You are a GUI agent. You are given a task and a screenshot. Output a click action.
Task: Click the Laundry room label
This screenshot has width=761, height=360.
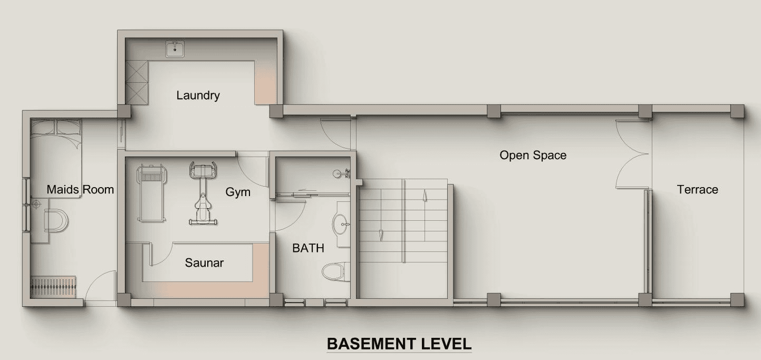(198, 95)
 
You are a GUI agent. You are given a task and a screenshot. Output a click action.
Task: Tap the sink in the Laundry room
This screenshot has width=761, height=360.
(175, 49)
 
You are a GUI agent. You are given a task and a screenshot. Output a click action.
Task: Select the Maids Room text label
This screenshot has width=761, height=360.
(80, 190)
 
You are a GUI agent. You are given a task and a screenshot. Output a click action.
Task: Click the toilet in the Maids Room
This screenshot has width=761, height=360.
(56, 220)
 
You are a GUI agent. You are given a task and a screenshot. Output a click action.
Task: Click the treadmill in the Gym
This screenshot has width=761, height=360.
(151, 193)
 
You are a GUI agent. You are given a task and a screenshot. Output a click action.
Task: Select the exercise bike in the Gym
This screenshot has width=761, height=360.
(203, 193)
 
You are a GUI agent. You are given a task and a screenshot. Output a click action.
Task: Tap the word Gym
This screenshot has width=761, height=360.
(238, 192)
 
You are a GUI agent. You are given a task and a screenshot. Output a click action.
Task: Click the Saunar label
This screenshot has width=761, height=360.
(204, 262)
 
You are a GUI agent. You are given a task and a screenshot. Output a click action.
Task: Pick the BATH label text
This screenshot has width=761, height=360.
(308, 248)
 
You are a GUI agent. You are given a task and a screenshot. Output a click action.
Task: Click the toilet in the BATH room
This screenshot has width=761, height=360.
(336, 271)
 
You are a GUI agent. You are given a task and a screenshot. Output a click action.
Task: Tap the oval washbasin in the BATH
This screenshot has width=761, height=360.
(341, 224)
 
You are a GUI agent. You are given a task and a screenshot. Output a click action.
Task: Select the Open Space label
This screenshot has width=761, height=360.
(533, 155)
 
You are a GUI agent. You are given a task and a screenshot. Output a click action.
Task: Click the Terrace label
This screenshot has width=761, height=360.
(698, 190)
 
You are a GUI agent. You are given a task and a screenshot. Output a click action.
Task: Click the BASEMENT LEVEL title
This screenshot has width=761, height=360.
(399, 344)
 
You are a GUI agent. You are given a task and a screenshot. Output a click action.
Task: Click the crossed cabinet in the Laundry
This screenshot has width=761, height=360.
(137, 82)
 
